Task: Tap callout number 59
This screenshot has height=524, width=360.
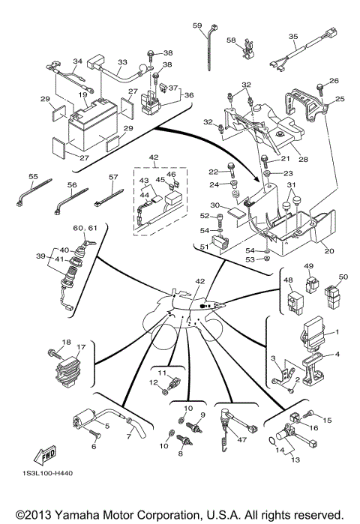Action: pos(198,26)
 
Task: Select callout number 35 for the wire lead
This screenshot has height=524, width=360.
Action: pos(293,36)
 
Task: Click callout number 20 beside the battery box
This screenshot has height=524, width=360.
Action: pos(328,252)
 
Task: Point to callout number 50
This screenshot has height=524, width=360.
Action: pos(344,277)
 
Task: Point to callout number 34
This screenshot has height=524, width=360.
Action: pos(76,61)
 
